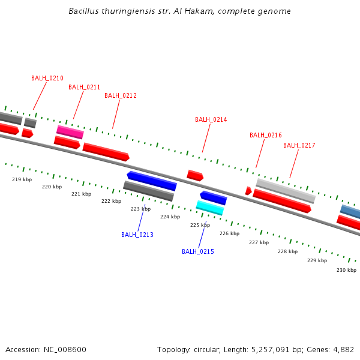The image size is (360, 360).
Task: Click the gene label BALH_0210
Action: click(x=47, y=78)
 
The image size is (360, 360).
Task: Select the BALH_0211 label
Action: click(x=84, y=87)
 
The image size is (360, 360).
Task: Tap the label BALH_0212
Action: click(x=121, y=95)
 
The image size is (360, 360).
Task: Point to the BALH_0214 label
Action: click(x=211, y=119)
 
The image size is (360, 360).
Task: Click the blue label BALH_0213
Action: click(x=137, y=235)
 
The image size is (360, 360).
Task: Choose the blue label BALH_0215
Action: click(x=198, y=251)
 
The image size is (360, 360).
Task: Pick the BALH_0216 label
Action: click(x=265, y=135)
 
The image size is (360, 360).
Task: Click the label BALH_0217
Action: click(x=299, y=145)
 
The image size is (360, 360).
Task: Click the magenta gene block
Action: click(x=70, y=132)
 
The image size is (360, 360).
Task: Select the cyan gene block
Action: click(x=210, y=208)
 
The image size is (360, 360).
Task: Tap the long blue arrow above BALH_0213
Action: click(x=152, y=181)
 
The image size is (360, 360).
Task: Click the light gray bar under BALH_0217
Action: click(x=286, y=191)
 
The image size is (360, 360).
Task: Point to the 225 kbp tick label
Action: click(x=200, y=225)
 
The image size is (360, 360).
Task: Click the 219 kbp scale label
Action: click(x=22, y=179)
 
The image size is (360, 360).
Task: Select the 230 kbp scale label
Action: click(x=346, y=270)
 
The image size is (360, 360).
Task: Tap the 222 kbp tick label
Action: click(x=111, y=201)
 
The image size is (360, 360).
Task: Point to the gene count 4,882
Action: click(x=343, y=349)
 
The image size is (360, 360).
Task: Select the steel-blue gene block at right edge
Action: click(x=351, y=211)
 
